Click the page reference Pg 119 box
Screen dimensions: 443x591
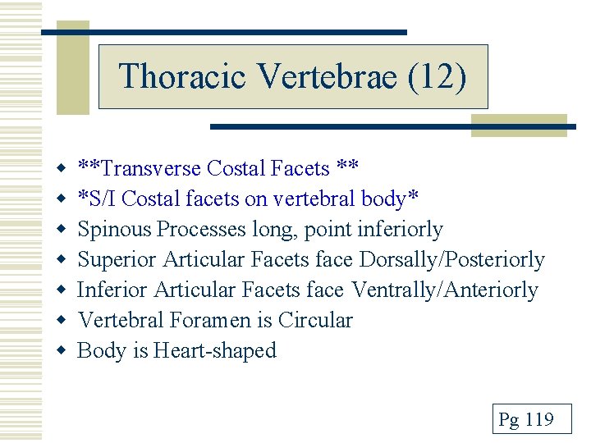pos(526,421)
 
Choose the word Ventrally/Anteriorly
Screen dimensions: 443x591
pos(445,290)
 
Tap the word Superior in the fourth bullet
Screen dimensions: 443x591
pos(117,260)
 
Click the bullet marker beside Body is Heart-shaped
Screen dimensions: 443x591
pos(60,351)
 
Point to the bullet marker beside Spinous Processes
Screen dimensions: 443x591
pos(60,230)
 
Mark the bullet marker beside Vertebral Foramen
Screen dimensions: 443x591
pos(60,321)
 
